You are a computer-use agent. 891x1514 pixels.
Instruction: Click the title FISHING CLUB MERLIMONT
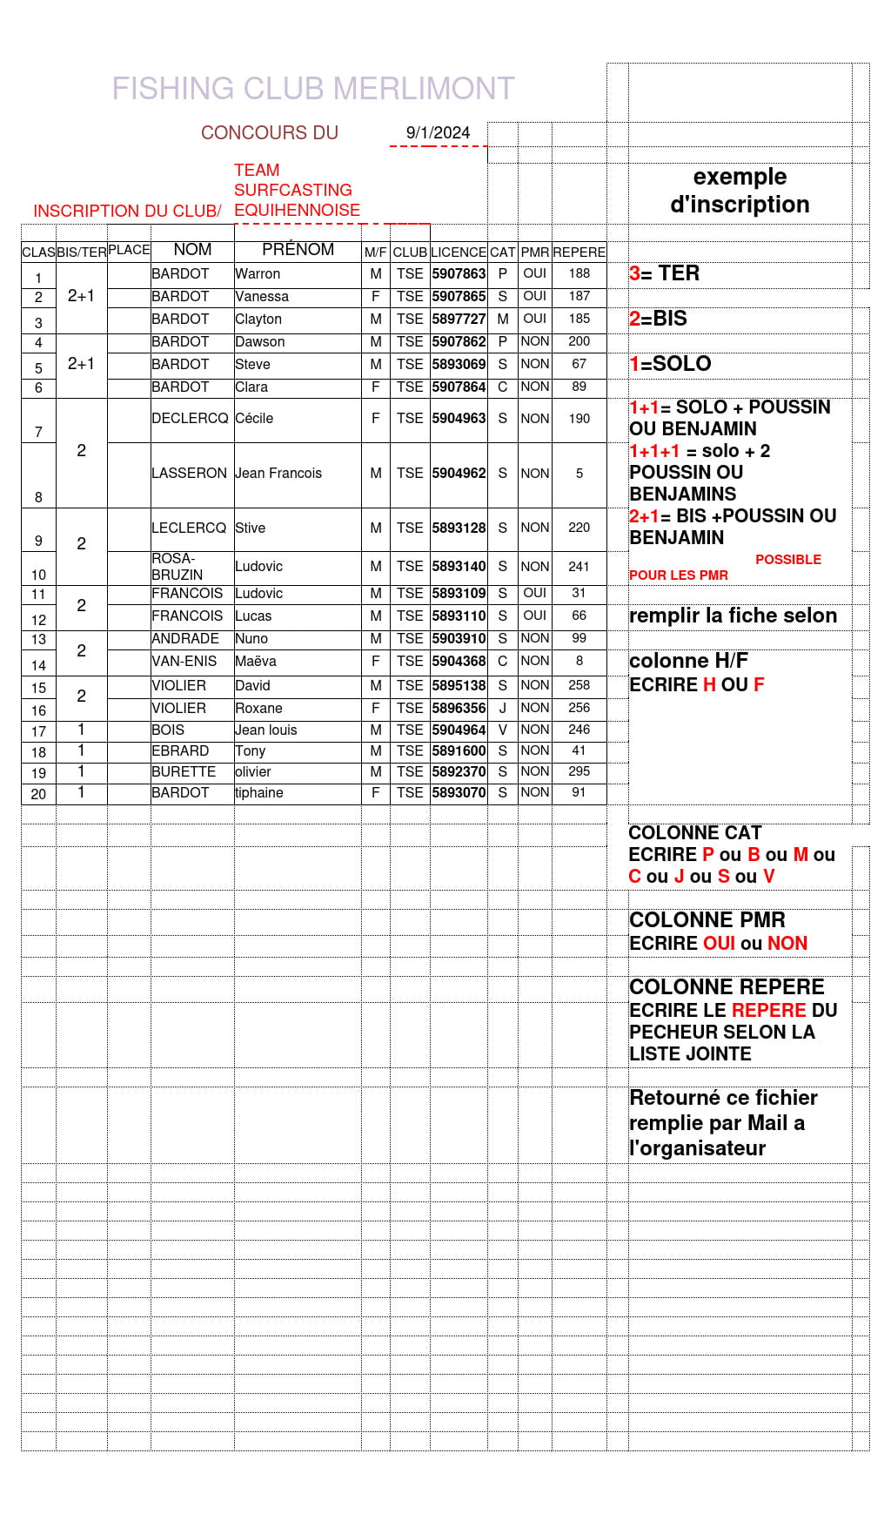click(313, 89)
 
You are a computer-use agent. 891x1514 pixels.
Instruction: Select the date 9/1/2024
click(438, 133)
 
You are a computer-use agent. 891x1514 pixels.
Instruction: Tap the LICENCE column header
click(458, 252)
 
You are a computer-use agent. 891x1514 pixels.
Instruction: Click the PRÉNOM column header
click(298, 250)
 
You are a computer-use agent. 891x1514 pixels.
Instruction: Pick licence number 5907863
click(459, 273)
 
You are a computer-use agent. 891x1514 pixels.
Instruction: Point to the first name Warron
click(258, 273)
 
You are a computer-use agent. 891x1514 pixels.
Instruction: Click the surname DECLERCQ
click(190, 419)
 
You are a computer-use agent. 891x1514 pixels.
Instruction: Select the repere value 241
click(579, 567)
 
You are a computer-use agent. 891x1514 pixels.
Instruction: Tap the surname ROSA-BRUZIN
click(178, 567)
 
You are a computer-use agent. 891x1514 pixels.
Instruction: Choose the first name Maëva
click(256, 662)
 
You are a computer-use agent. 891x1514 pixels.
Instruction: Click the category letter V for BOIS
click(502, 730)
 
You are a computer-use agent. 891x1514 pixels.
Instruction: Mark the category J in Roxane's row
click(502, 709)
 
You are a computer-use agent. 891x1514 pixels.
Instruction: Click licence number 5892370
click(459, 772)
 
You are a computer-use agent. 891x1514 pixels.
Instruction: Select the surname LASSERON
click(189, 474)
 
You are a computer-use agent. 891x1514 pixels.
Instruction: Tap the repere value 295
click(579, 771)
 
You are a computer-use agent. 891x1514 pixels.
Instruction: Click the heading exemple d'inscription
click(740, 191)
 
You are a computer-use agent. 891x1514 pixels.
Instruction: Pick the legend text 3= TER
click(664, 273)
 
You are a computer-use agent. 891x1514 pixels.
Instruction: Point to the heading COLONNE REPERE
click(727, 987)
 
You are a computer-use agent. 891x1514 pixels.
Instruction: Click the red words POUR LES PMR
click(679, 575)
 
